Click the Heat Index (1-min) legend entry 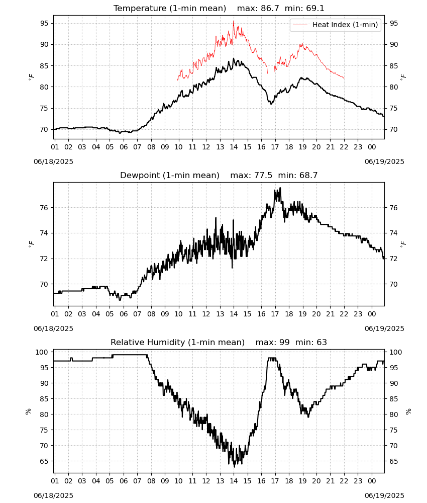tap(336, 25)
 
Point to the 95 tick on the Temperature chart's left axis tap(44, 23)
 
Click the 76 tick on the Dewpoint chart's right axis tap(394, 208)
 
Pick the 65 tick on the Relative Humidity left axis tap(44, 461)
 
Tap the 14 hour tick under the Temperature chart tap(234, 147)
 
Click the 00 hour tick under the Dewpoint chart tap(372, 314)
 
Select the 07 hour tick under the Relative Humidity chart tap(137, 481)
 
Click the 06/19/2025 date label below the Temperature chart tap(384, 161)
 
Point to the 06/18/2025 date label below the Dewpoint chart tap(53, 328)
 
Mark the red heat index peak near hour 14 tap(233, 21)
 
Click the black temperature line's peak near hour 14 tap(234, 58)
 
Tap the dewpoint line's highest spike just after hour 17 tap(280, 188)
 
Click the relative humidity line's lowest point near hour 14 tap(234, 467)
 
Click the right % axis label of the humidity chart tap(408, 411)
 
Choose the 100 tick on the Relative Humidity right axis tap(396, 352)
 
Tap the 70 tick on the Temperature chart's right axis tap(394, 130)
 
